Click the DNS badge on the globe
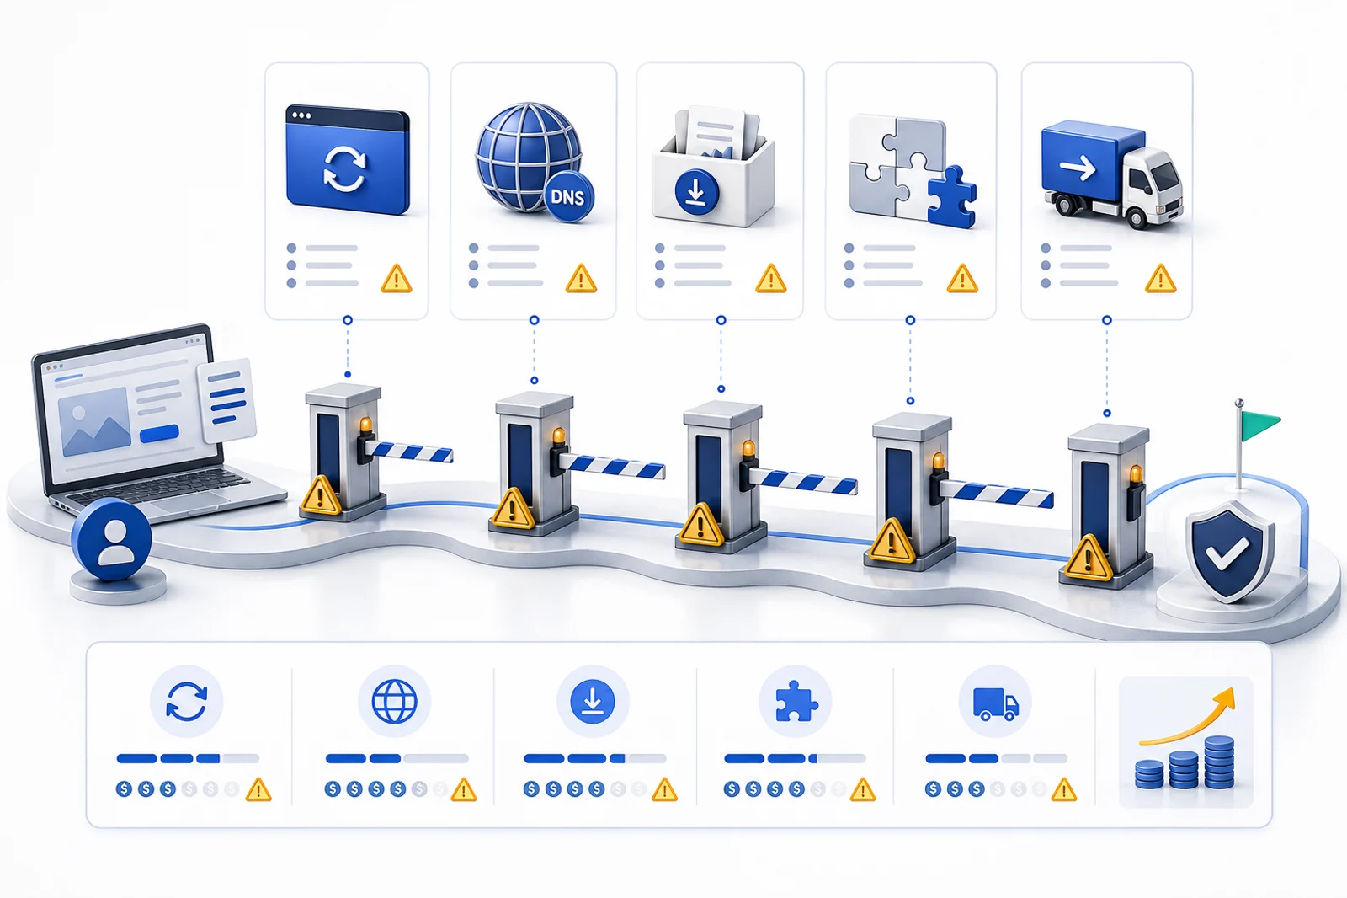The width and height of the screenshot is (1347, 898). [568, 197]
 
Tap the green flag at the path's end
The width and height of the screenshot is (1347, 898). [1259, 425]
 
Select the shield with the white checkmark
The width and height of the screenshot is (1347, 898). [1230, 551]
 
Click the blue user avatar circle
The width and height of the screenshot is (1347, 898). [112, 538]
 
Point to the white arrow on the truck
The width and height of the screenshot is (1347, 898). [1078, 168]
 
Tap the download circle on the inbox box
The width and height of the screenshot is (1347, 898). [696, 192]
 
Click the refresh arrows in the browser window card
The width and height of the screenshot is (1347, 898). [344, 169]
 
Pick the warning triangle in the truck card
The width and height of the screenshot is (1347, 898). [1160, 279]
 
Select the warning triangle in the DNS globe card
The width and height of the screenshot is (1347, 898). [581, 279]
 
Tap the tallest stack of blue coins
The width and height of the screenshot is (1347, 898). [1219, 762]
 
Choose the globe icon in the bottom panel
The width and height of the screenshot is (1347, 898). [395, 701]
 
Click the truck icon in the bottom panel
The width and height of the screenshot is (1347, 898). [996, 704]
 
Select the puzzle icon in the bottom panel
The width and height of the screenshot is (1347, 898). [796, 701]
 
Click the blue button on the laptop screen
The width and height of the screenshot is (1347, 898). [159, 433]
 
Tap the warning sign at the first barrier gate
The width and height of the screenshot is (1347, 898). [321, 496]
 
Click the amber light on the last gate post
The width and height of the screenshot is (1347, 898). [1136, 475]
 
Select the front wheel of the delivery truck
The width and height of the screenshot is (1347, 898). [1137, 216]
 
